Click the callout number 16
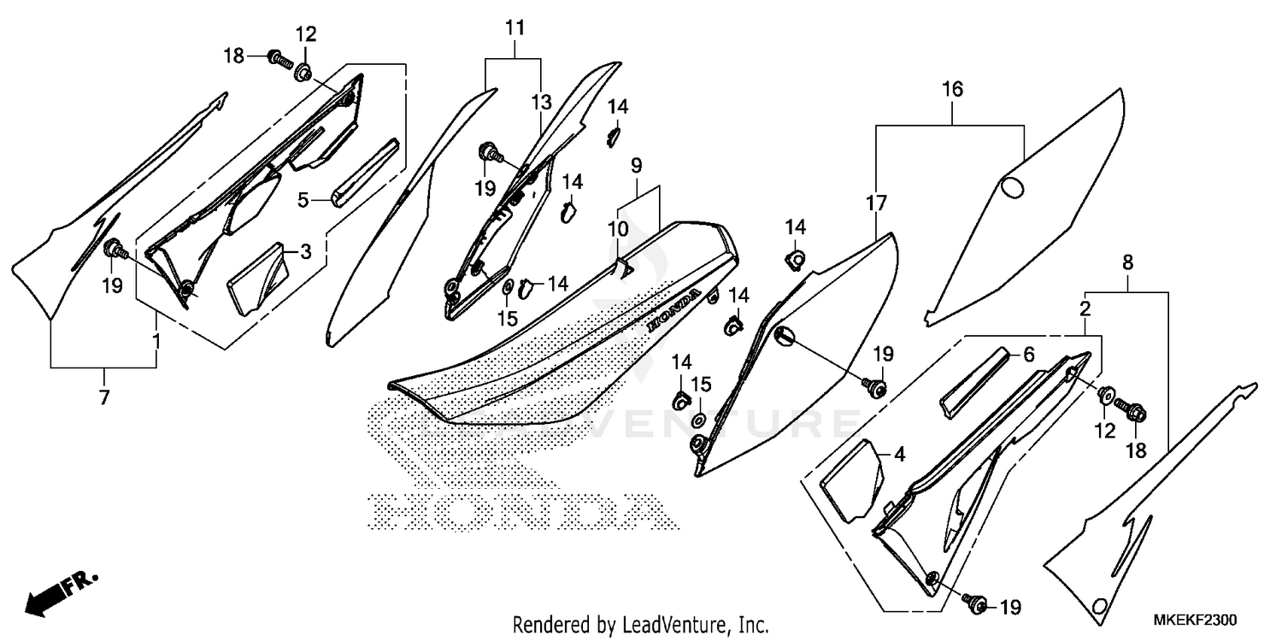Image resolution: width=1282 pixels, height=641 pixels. click(953, 89)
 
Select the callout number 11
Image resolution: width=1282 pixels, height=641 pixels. click(514, 28)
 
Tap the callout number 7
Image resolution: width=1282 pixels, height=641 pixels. click(104, 397)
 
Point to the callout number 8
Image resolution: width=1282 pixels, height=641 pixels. click(1128, 262)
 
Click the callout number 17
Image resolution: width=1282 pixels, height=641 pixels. click(876, 203)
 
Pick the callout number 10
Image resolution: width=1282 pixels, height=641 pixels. click(618, 229)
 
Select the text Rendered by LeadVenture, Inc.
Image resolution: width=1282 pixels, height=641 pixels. click(641, 624)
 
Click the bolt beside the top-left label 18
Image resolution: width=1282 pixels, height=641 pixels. click(278, 59)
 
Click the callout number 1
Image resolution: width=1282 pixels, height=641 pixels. click(156, 341)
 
